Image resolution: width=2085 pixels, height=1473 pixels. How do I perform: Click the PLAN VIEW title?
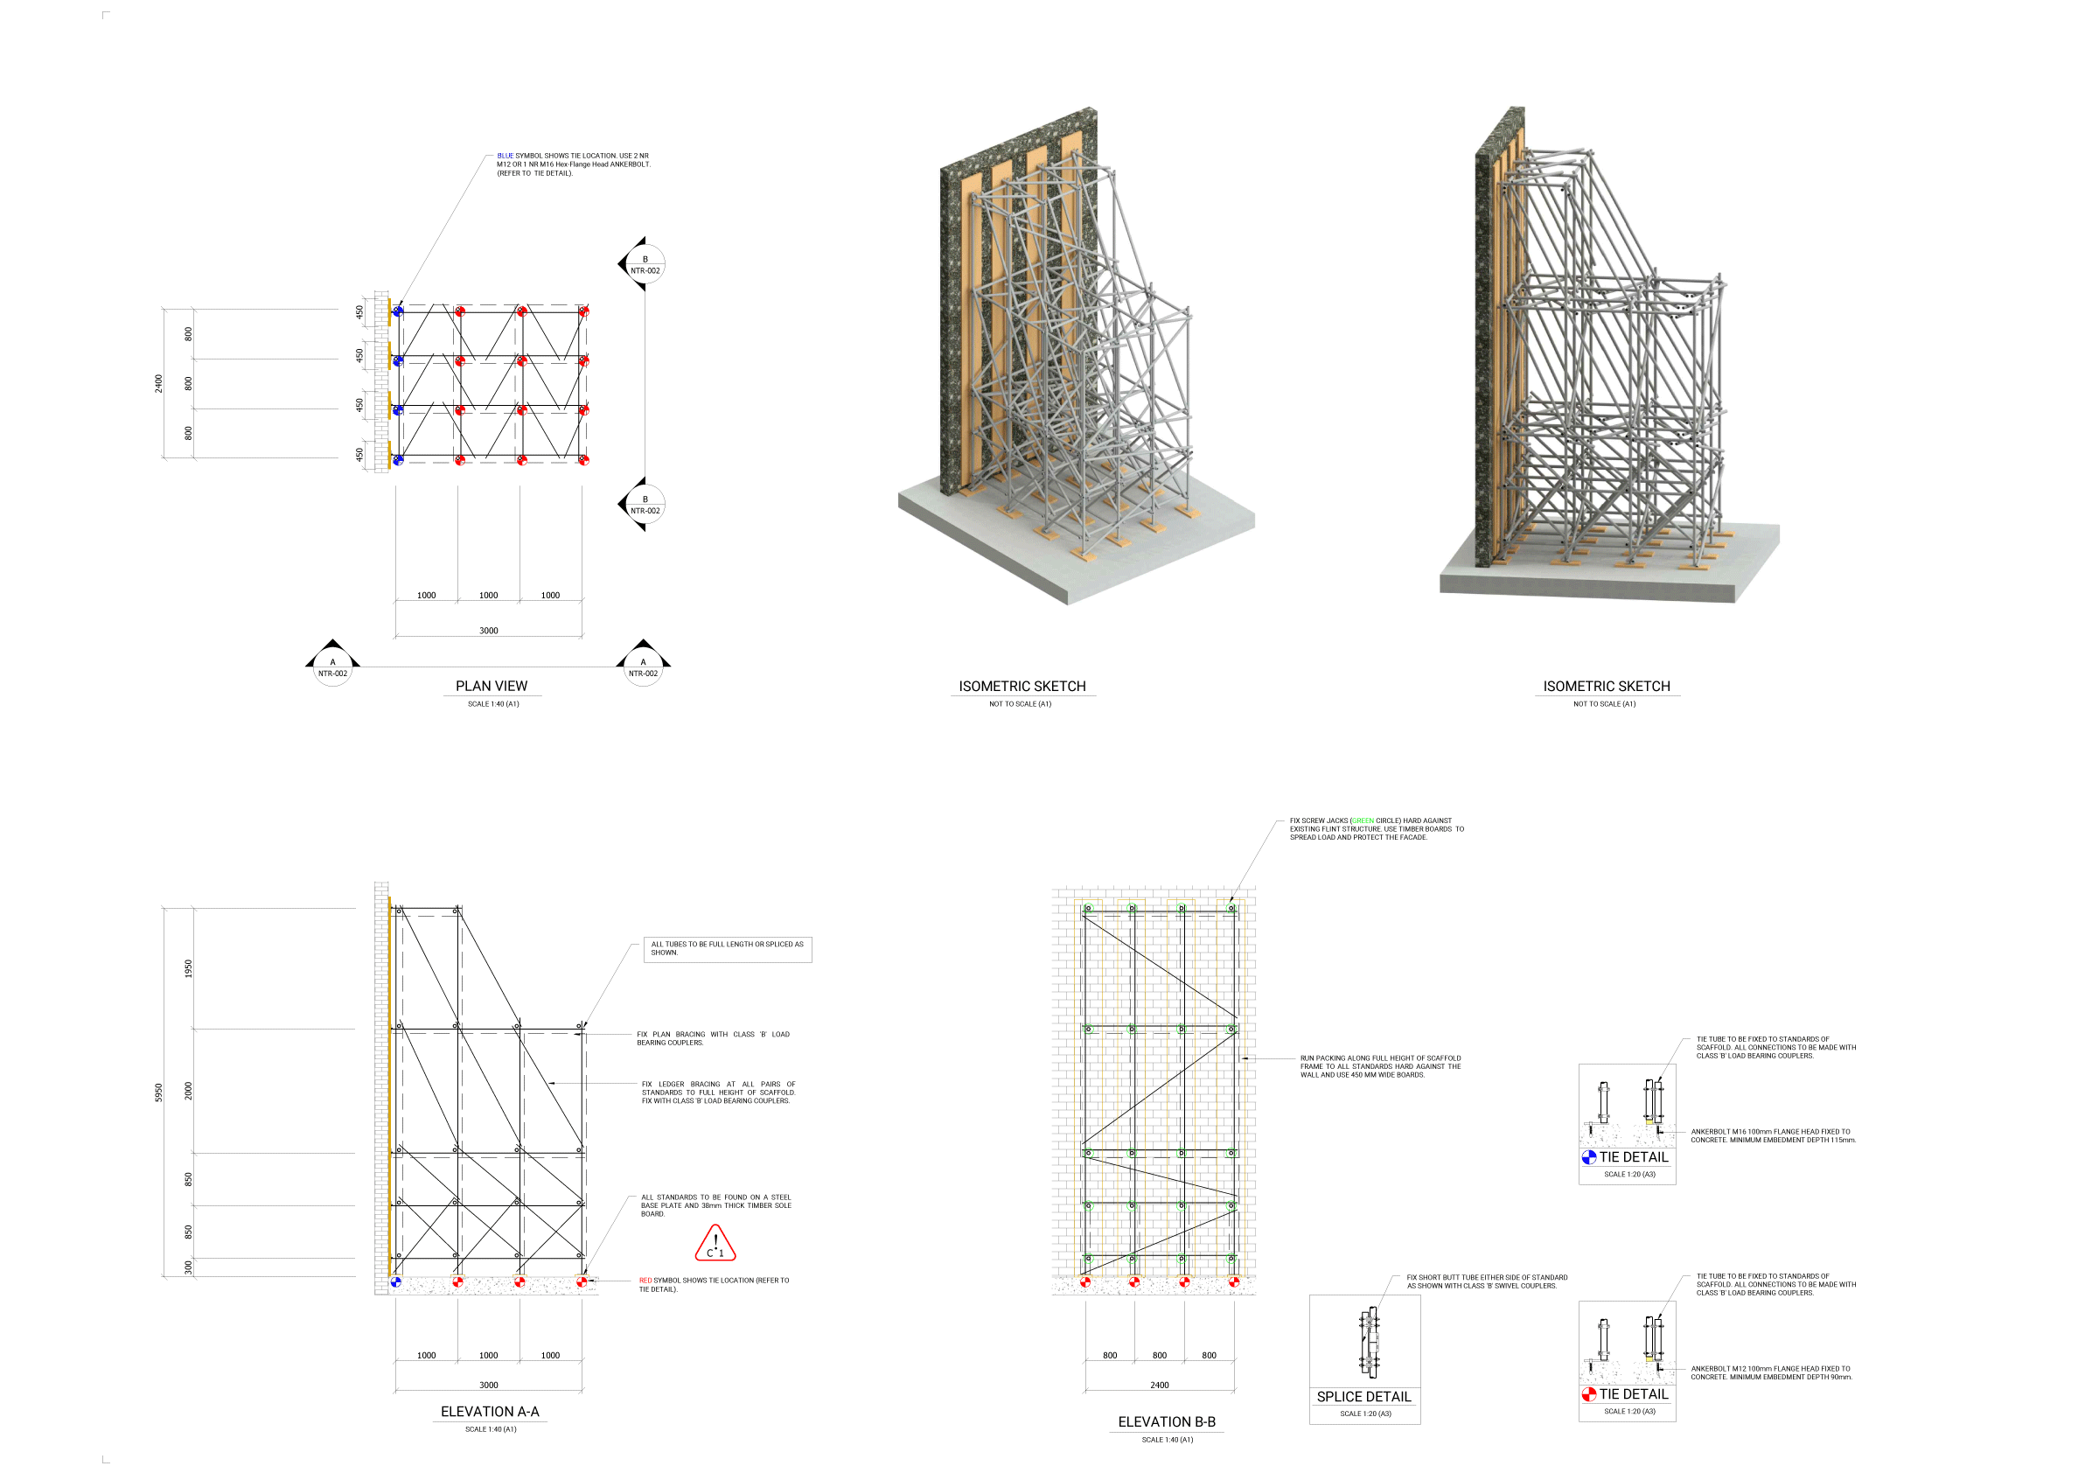(x=492, y=687)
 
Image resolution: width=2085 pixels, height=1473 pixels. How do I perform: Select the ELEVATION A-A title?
(x=490, y=1411)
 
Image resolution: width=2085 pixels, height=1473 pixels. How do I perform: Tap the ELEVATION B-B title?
(x=1166, y=1422)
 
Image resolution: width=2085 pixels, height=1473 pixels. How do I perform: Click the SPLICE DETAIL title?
(x=1363, y=1397)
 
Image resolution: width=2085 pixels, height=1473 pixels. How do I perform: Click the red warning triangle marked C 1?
(x=715, y=1245)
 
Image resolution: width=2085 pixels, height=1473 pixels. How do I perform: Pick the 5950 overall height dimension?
(x=159, y=1093)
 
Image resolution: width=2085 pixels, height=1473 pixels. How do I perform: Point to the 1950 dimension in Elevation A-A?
(x=189, y=968)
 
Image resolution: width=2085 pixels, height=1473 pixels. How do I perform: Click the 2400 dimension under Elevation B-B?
(x=1159, y=1385)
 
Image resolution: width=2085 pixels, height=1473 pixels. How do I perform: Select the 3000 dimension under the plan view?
(x=489, y=631)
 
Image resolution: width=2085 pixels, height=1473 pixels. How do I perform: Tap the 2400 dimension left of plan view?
(x=159, y=383)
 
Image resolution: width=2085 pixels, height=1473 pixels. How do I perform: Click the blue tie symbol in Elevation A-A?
(x=395, y=1282)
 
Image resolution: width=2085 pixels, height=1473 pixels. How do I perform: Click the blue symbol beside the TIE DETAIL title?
(x=1588, y=1157)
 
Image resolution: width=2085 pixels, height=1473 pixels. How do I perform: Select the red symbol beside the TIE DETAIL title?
(x=1588, y=1394)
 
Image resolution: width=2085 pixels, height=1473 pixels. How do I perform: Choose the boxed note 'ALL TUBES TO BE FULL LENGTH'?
(x=728, y=949)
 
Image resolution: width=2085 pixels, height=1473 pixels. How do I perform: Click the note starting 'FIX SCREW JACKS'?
(x=1376, y=829)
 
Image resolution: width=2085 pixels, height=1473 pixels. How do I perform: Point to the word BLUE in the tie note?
(x=505, y=157)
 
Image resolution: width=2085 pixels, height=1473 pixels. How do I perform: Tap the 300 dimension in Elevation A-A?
(x=189, y=1267)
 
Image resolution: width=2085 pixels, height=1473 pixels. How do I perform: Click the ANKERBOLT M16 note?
(x=1773, y=1136)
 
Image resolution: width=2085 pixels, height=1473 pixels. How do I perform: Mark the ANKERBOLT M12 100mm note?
(x=1771, y=1373)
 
